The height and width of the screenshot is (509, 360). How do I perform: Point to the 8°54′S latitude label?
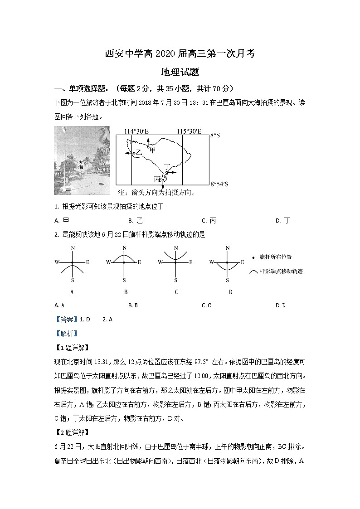(219, 184)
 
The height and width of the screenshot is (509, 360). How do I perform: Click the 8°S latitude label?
(215, 135)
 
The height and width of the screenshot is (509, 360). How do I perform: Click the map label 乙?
(139, 153)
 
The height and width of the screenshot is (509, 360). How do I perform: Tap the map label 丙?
(157, 179)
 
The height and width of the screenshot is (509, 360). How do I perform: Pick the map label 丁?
(170, 167)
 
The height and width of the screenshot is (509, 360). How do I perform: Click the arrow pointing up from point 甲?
(148, 141)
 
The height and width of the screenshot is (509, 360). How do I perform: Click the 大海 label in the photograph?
(81, 164)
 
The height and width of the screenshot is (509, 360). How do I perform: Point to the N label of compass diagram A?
(73, 248)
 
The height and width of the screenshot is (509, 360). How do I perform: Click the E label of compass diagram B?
(139, 262)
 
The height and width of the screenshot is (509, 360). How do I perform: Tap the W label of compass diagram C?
(160, 262)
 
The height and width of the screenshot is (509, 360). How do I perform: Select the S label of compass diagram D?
(227, 280)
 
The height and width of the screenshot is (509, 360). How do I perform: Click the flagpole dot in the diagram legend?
(253, 257)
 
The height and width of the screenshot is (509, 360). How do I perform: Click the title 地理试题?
(180, 72)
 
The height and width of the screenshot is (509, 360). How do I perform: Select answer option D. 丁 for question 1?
(283, 221)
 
